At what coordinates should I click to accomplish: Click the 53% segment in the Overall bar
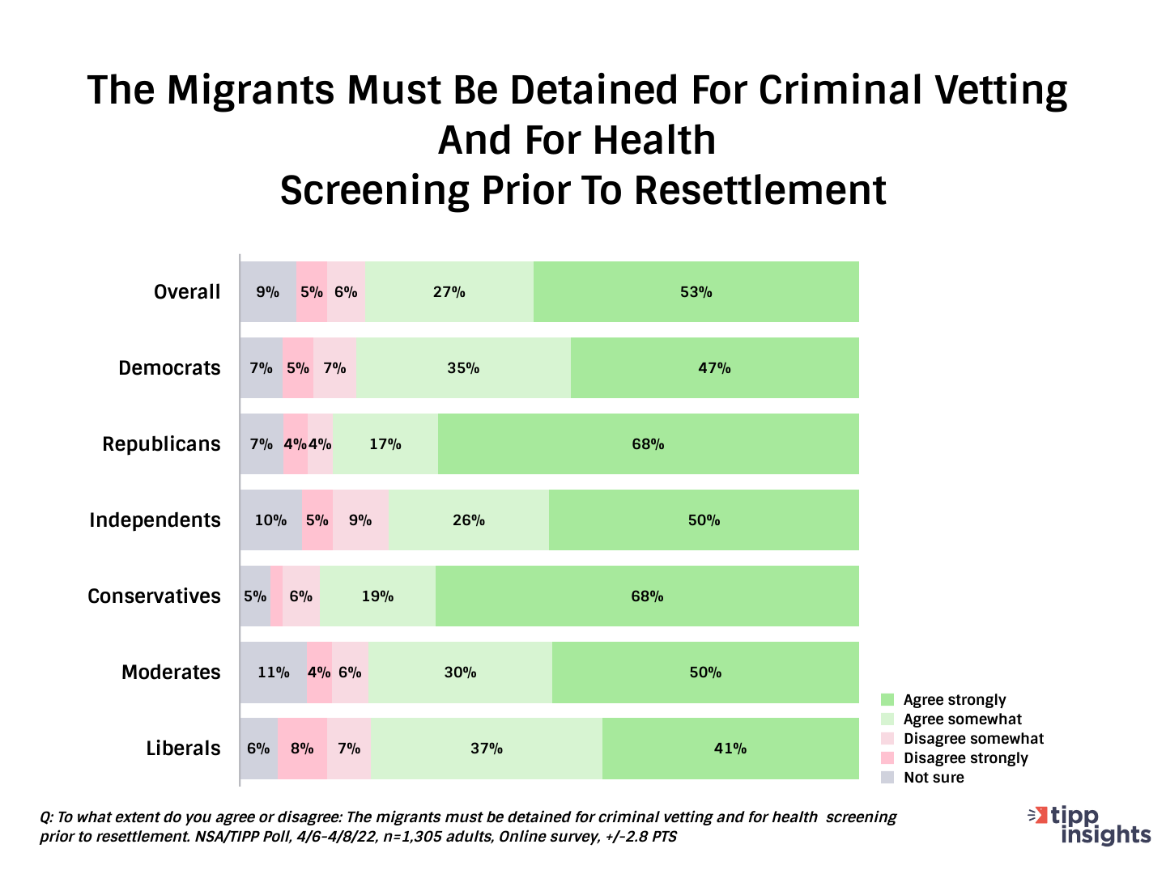point(696,292)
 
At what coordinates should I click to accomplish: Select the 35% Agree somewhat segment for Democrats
point(463,368)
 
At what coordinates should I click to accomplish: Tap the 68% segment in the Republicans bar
point(648,444)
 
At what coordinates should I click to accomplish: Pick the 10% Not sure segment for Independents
point(270,520)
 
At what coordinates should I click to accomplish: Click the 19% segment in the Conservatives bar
point(377,596)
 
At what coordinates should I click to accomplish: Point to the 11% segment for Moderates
point(273,672)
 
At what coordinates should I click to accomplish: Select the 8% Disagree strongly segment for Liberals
point(302,749)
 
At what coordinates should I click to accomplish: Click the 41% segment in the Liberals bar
point(730,749)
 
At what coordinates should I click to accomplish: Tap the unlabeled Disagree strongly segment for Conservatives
point(276,596)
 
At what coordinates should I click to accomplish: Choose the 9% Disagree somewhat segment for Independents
point(360,520)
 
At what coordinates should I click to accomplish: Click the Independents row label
point(155,520)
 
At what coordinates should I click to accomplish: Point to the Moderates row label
point(171,672)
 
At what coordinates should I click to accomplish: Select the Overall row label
point(187,292)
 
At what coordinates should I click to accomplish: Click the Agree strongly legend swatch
point(887,700)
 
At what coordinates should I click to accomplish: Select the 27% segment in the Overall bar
point(449,292)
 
